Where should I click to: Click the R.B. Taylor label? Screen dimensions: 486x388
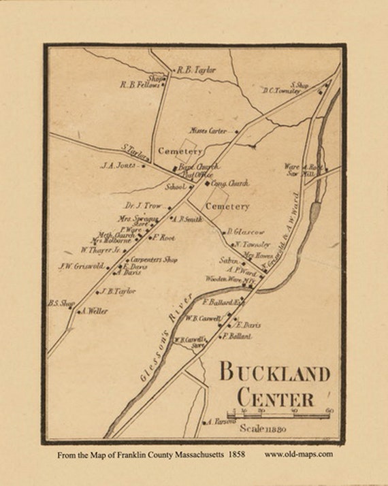coord(197,69)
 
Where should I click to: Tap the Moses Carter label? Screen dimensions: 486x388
coord(208,131)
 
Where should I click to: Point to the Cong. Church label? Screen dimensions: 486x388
coord(229,183)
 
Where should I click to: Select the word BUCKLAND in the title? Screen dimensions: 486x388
coord(274,373)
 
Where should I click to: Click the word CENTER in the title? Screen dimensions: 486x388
coord(275,398)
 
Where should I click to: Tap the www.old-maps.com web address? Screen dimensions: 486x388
coord(299,453)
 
